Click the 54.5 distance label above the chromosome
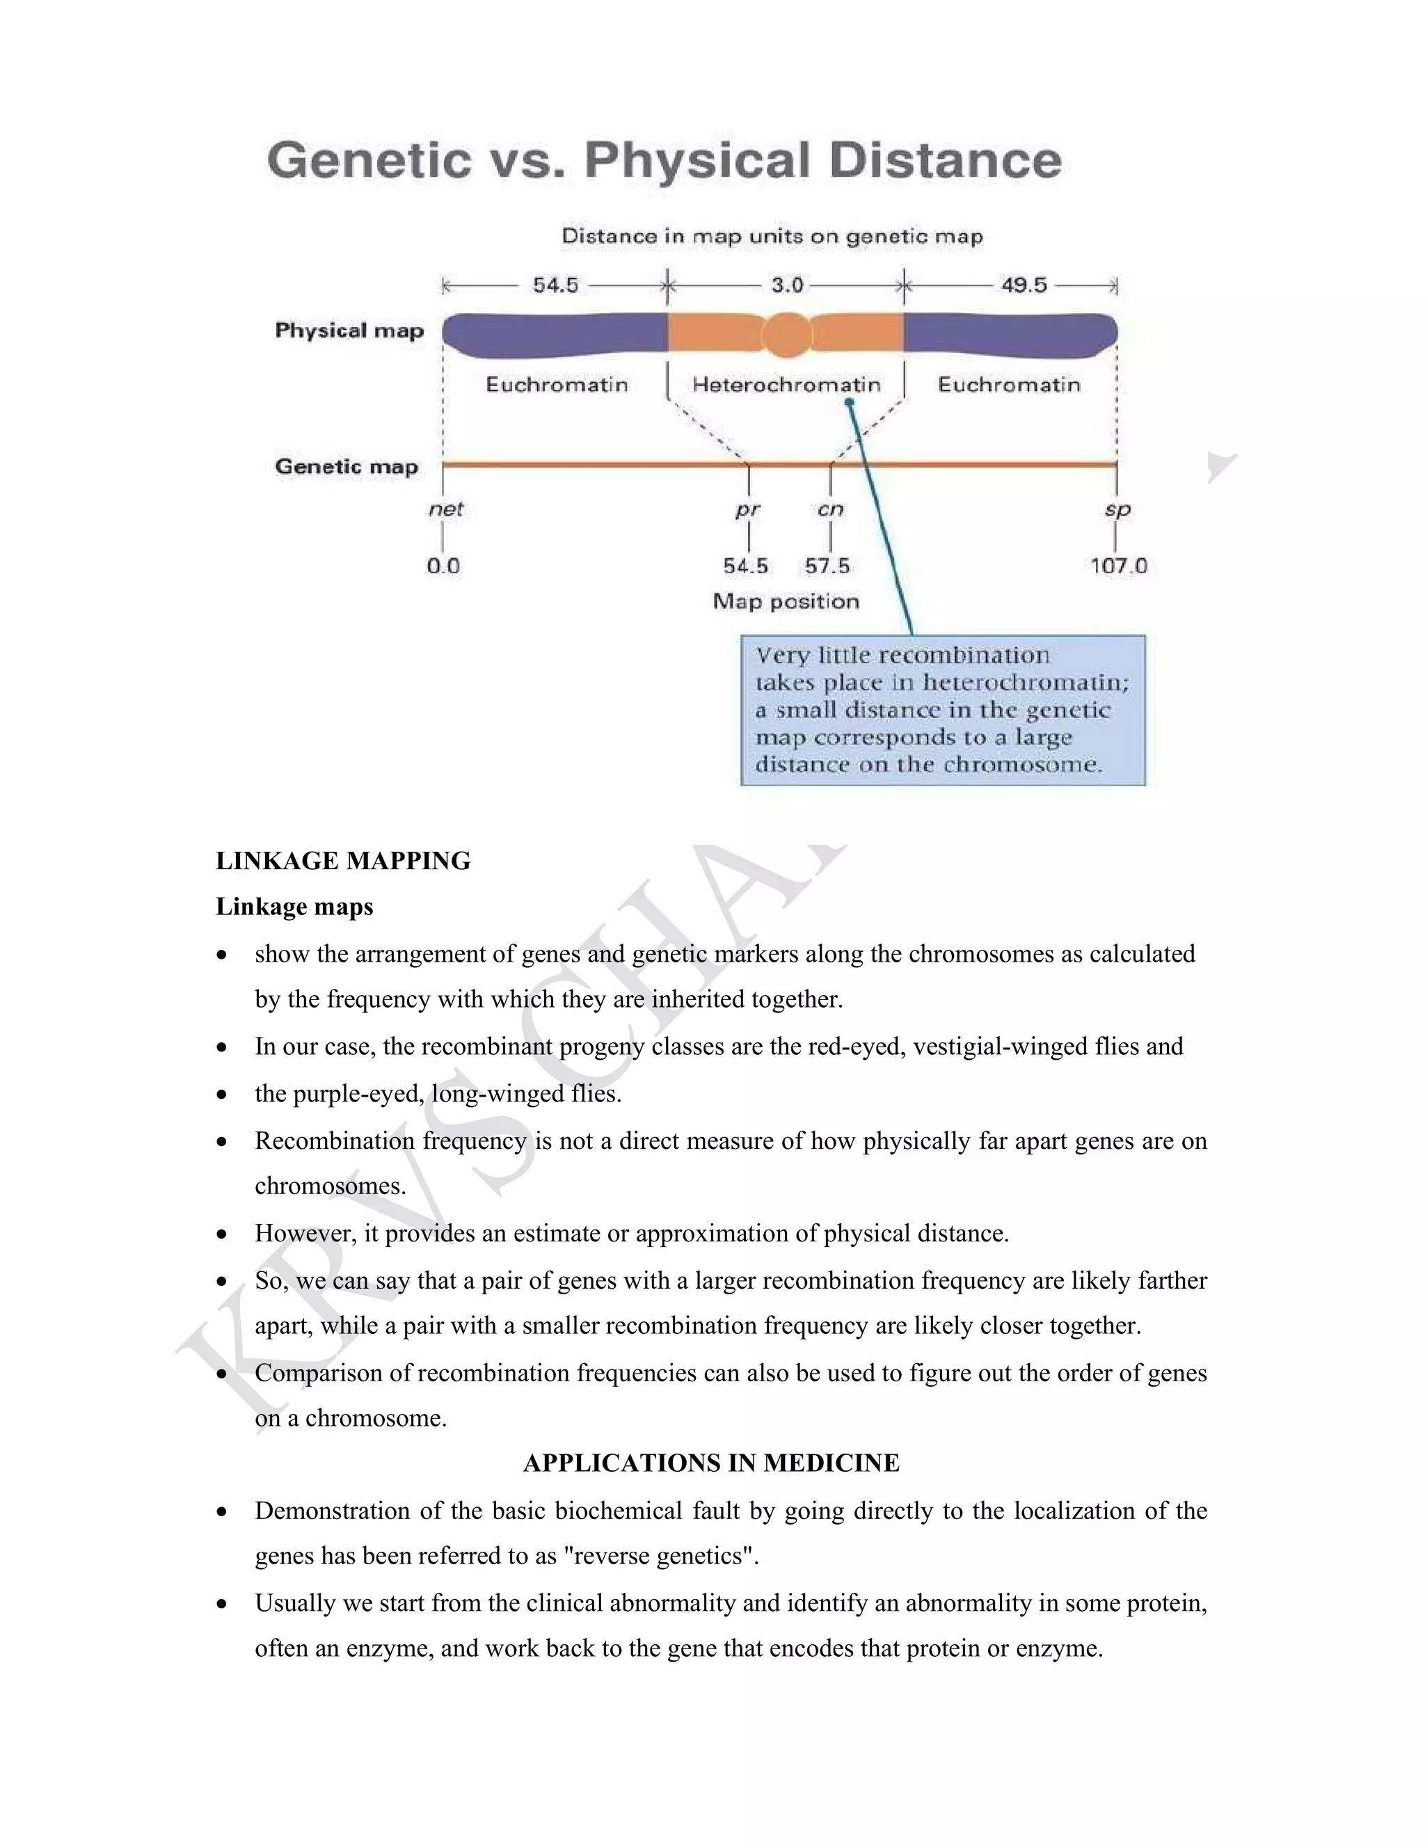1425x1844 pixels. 555,285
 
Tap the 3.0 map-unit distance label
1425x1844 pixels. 787,285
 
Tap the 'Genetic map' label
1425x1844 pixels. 346,467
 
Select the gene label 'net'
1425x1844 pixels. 446,509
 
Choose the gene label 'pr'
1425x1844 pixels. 748,509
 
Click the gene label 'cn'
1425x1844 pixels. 830,509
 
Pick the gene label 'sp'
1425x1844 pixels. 1117,509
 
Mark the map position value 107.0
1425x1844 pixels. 1117,566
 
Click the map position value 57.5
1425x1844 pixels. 827,566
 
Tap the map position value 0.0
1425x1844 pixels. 443,566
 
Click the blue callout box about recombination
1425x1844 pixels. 942,710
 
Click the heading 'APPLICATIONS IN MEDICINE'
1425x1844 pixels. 711,1463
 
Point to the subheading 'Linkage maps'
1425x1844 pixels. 294,907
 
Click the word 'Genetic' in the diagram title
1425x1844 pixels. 369,161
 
